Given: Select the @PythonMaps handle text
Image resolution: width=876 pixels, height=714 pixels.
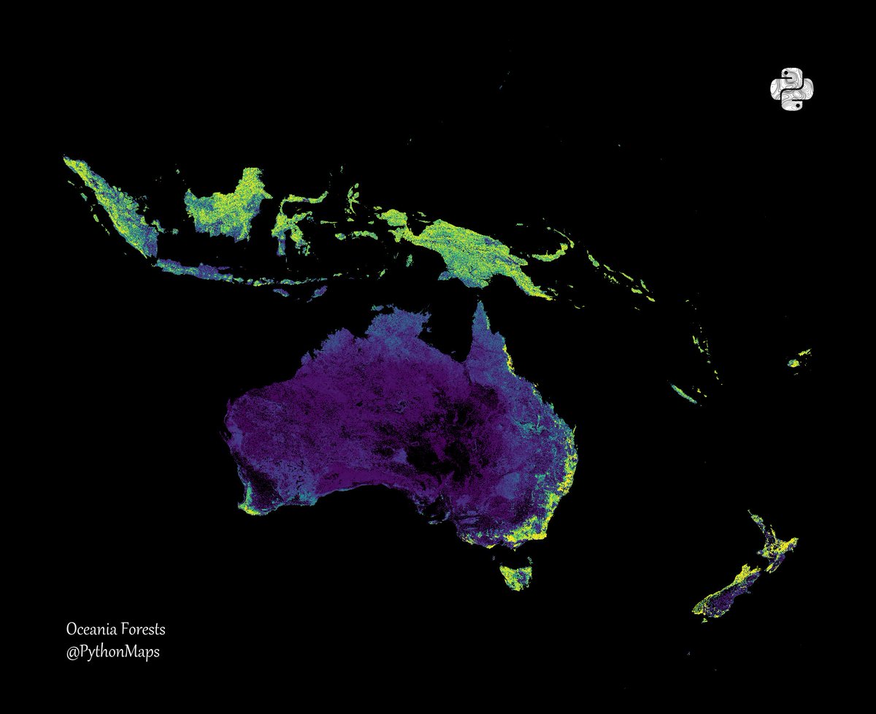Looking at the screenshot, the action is point(112,651).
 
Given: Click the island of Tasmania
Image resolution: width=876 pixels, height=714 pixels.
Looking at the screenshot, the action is point(516,572).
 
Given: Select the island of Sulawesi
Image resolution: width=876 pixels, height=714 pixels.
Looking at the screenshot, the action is point(288,219).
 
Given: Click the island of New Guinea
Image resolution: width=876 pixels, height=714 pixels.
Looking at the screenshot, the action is point(467,248).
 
